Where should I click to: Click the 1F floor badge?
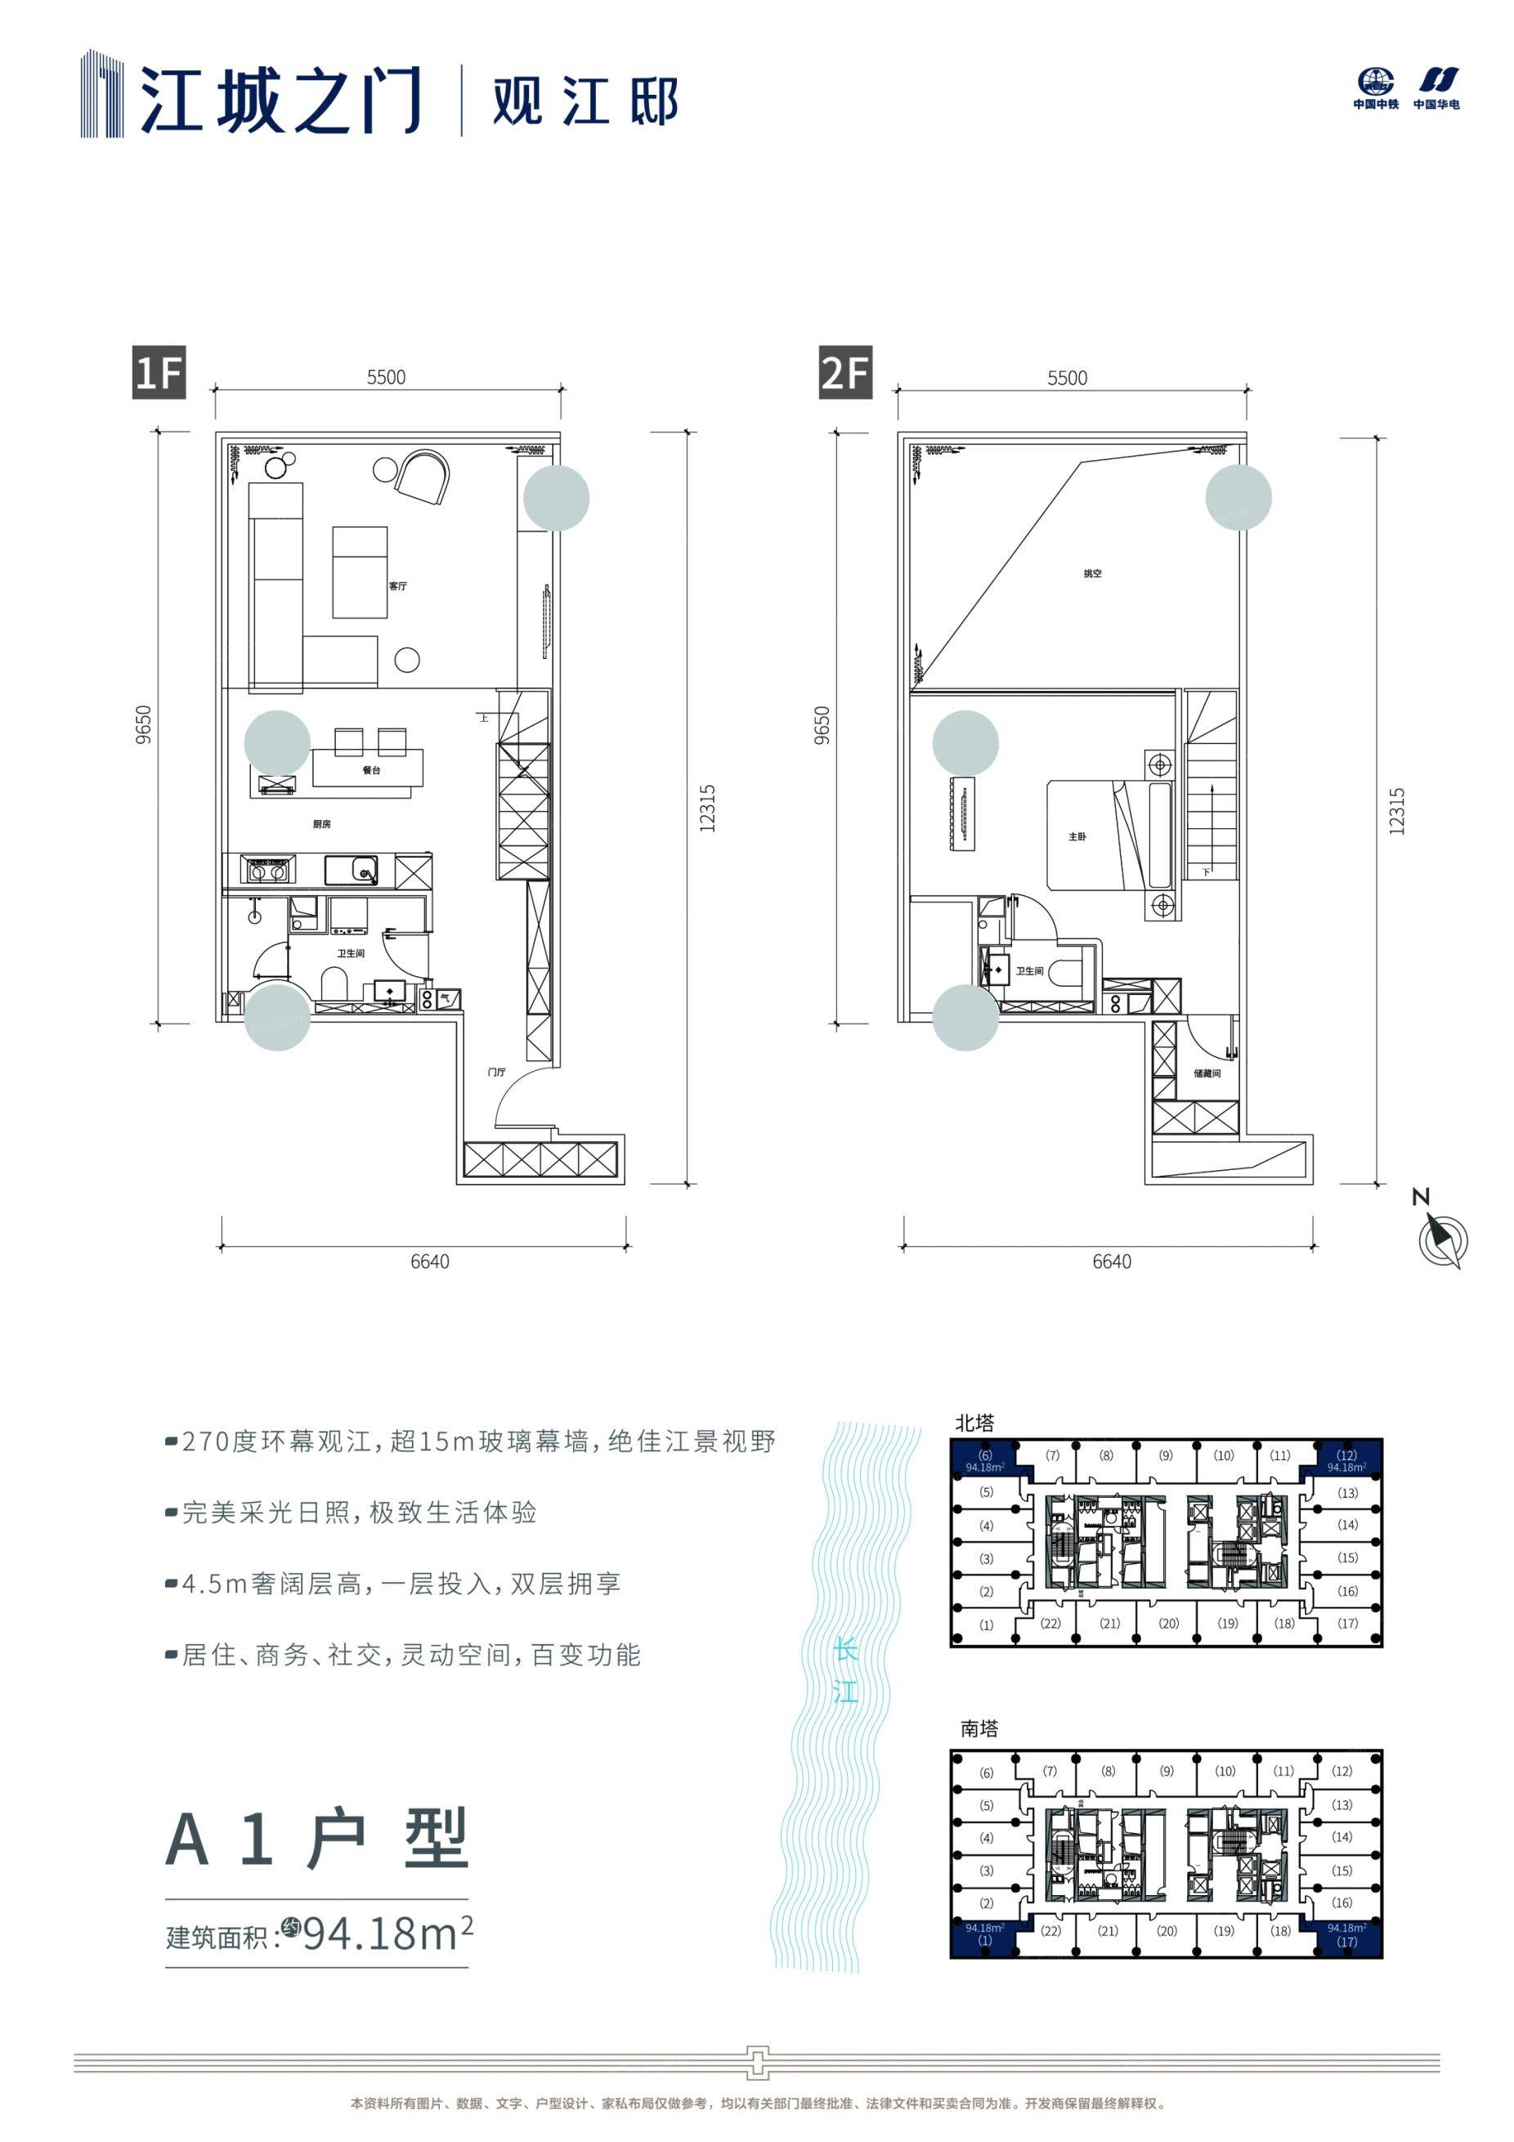[158, 373]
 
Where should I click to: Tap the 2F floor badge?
[845, 373]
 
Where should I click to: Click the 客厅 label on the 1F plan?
[397, 586]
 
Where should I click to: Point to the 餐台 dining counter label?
[371, 771]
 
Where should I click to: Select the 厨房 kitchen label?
[322, 824]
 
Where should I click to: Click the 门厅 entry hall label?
[496, 1072]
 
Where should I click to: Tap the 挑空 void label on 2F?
[1092, 574]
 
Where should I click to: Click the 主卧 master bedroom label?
[1077, 837]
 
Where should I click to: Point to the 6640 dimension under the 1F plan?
[429, 1261]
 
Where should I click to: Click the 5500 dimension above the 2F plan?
[1067, 378]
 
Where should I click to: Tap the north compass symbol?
[1441, 1240]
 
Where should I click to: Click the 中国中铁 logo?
[1376, 88]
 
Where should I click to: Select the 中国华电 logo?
[1436, 88]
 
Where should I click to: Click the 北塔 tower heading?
[974, 1423]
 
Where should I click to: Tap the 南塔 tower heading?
[979, 1728]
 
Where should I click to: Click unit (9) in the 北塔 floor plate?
[1166, 1455]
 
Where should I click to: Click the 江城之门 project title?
[280, 98]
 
